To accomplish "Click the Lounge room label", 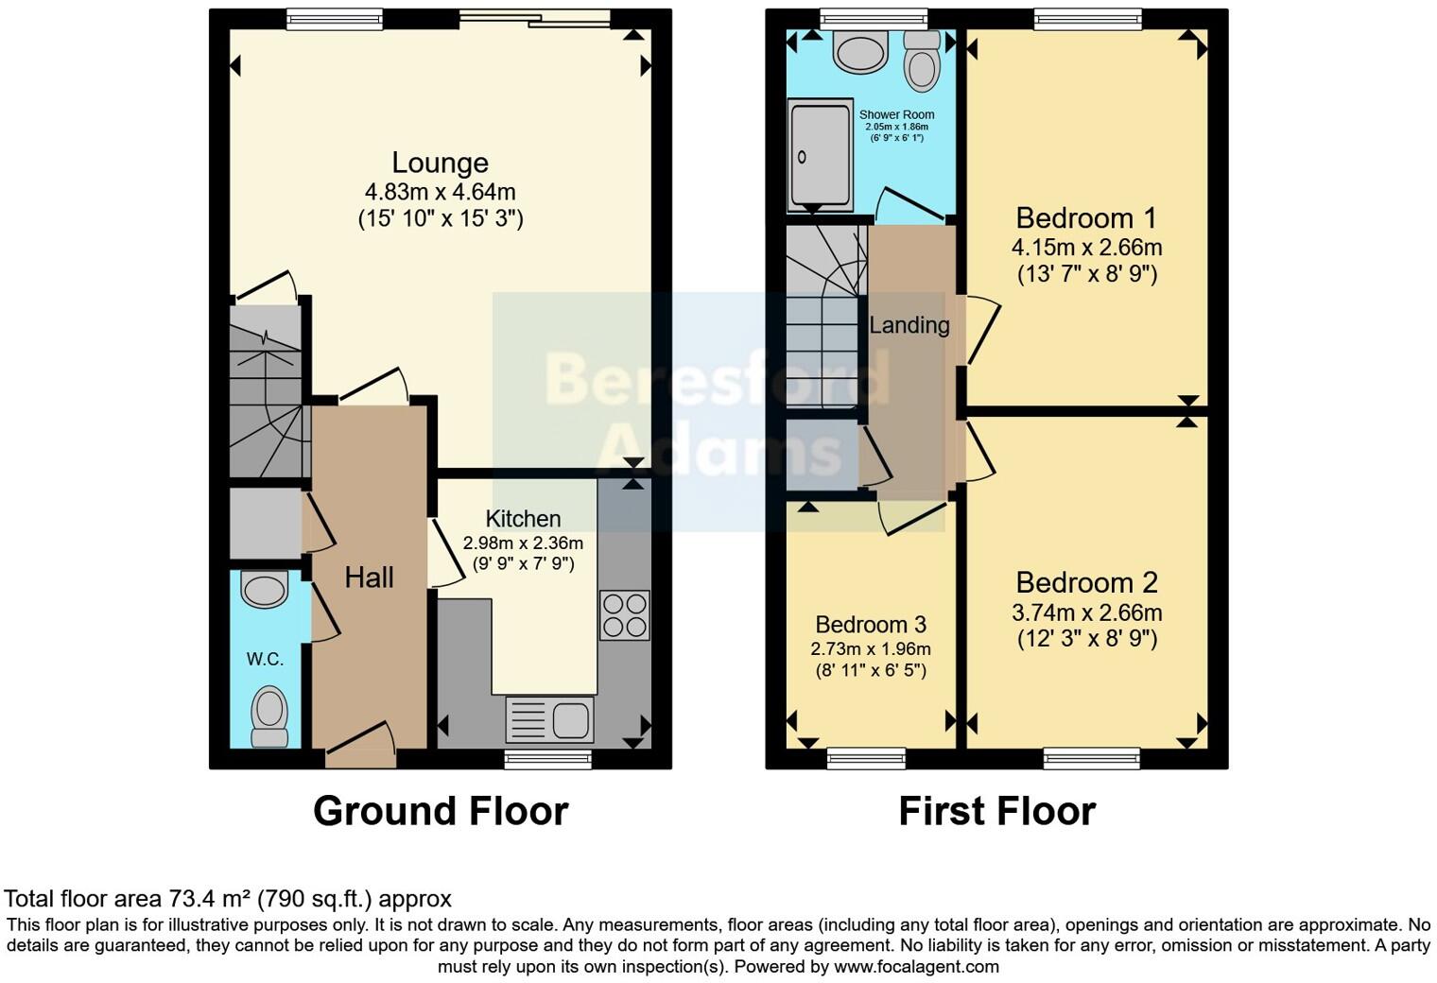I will pyautogui.click(x=440, y=164).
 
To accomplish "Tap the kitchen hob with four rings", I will pyautogui.click(x=624, y=615).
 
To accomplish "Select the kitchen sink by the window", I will pyautogui.click(x=550, y=719).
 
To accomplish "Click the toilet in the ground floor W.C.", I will pyautogui.click(x=268, y=716).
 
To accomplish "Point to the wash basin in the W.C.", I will pyautogui.click(x=265, y=590).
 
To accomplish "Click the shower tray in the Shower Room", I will pyautogui.click(x=820, y=157).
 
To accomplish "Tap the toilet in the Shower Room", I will pyautogui.click(x=920, y=60).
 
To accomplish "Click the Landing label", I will pyautogui.click(x=909, y=325).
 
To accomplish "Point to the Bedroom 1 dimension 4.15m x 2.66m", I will pyautogui.click(x=1086, y=248).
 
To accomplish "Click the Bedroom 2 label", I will pyautogui.click(x=1086, y=582).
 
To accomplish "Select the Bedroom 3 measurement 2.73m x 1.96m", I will pyautogui.click(x=870, y=649).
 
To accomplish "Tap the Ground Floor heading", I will pyautogui.click(x=441, y=811).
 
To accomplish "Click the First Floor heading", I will pyautogui.click(x=996, y=811).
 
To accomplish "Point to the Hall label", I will pyautogui.click(x=369, y=578).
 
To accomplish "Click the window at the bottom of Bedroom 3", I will pyautogui.click(x=866, y=757).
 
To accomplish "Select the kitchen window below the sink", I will pyautogui.click(x=548, y=757).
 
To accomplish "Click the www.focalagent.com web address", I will pyautogui.click(x=916, y=966).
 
